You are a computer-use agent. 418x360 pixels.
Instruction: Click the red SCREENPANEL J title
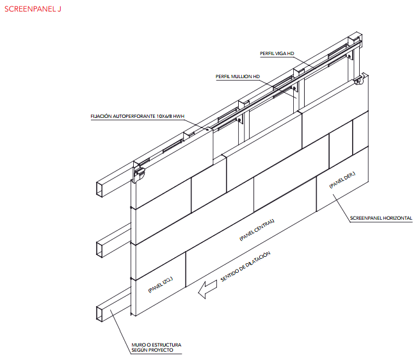coord(33,9)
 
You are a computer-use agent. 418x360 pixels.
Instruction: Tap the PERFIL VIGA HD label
coord(277,54)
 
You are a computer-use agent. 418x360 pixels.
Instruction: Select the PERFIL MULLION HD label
coord(237,77)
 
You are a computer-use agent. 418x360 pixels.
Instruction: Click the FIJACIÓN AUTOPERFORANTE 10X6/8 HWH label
coord(137,117)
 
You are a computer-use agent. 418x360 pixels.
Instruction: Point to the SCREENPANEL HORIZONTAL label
coord(381,218)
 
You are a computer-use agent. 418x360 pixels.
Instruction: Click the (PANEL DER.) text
coord(342,180)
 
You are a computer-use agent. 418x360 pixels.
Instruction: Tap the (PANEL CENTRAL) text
coord(257,230)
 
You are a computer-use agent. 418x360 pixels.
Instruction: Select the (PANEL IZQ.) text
coord(161,284)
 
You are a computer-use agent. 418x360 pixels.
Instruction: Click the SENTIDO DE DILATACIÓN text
coord(246,266)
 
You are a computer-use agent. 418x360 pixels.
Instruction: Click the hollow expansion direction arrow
coord(207,290)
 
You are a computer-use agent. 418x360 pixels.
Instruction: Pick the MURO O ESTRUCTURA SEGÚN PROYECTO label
coord(156,347)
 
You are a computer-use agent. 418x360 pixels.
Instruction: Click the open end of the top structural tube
coord(99,189)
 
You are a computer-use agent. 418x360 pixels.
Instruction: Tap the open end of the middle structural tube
coord(99,250)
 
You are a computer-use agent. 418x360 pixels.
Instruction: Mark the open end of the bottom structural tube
coord(99,314)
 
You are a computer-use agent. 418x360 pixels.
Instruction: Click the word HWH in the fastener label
coord(179,117)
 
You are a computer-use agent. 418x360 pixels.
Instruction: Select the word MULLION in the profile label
coord(241,77)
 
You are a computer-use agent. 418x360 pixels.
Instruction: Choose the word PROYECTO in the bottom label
coord(161,350)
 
